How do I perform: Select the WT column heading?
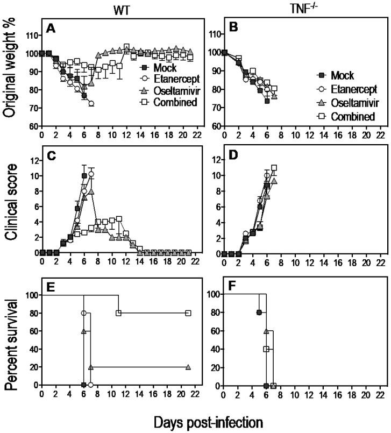[120, 9]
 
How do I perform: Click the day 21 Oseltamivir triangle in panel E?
[188, 367]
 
